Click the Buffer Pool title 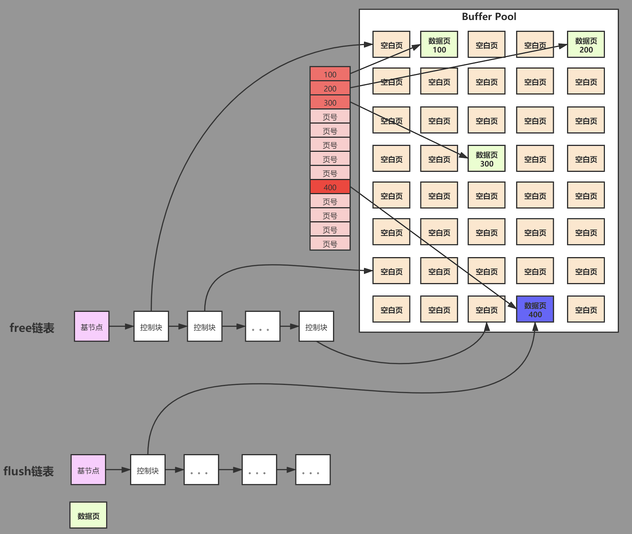coord(489,16)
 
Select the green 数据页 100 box coord(439,44)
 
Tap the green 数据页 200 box coord(586,44)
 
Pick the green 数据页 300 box coord(487,158)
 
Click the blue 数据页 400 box coord(535,309)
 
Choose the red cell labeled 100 coord(330,74)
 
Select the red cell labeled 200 coord(330,88)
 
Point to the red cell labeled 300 coord(330,102)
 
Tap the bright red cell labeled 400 coord(330,187)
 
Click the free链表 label coord(32,328)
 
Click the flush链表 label coord(29,471)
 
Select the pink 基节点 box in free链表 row coord(92,326)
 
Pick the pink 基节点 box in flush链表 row coord(88,470)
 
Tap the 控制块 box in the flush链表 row coord(148,470)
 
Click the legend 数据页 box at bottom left coord(88,515)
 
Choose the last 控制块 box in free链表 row coord(316,326)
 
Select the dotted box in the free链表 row coord(263,326)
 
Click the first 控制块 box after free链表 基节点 coord(151,326)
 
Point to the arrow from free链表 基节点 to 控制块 coord(121,326)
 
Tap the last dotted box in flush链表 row coord(313,470)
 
